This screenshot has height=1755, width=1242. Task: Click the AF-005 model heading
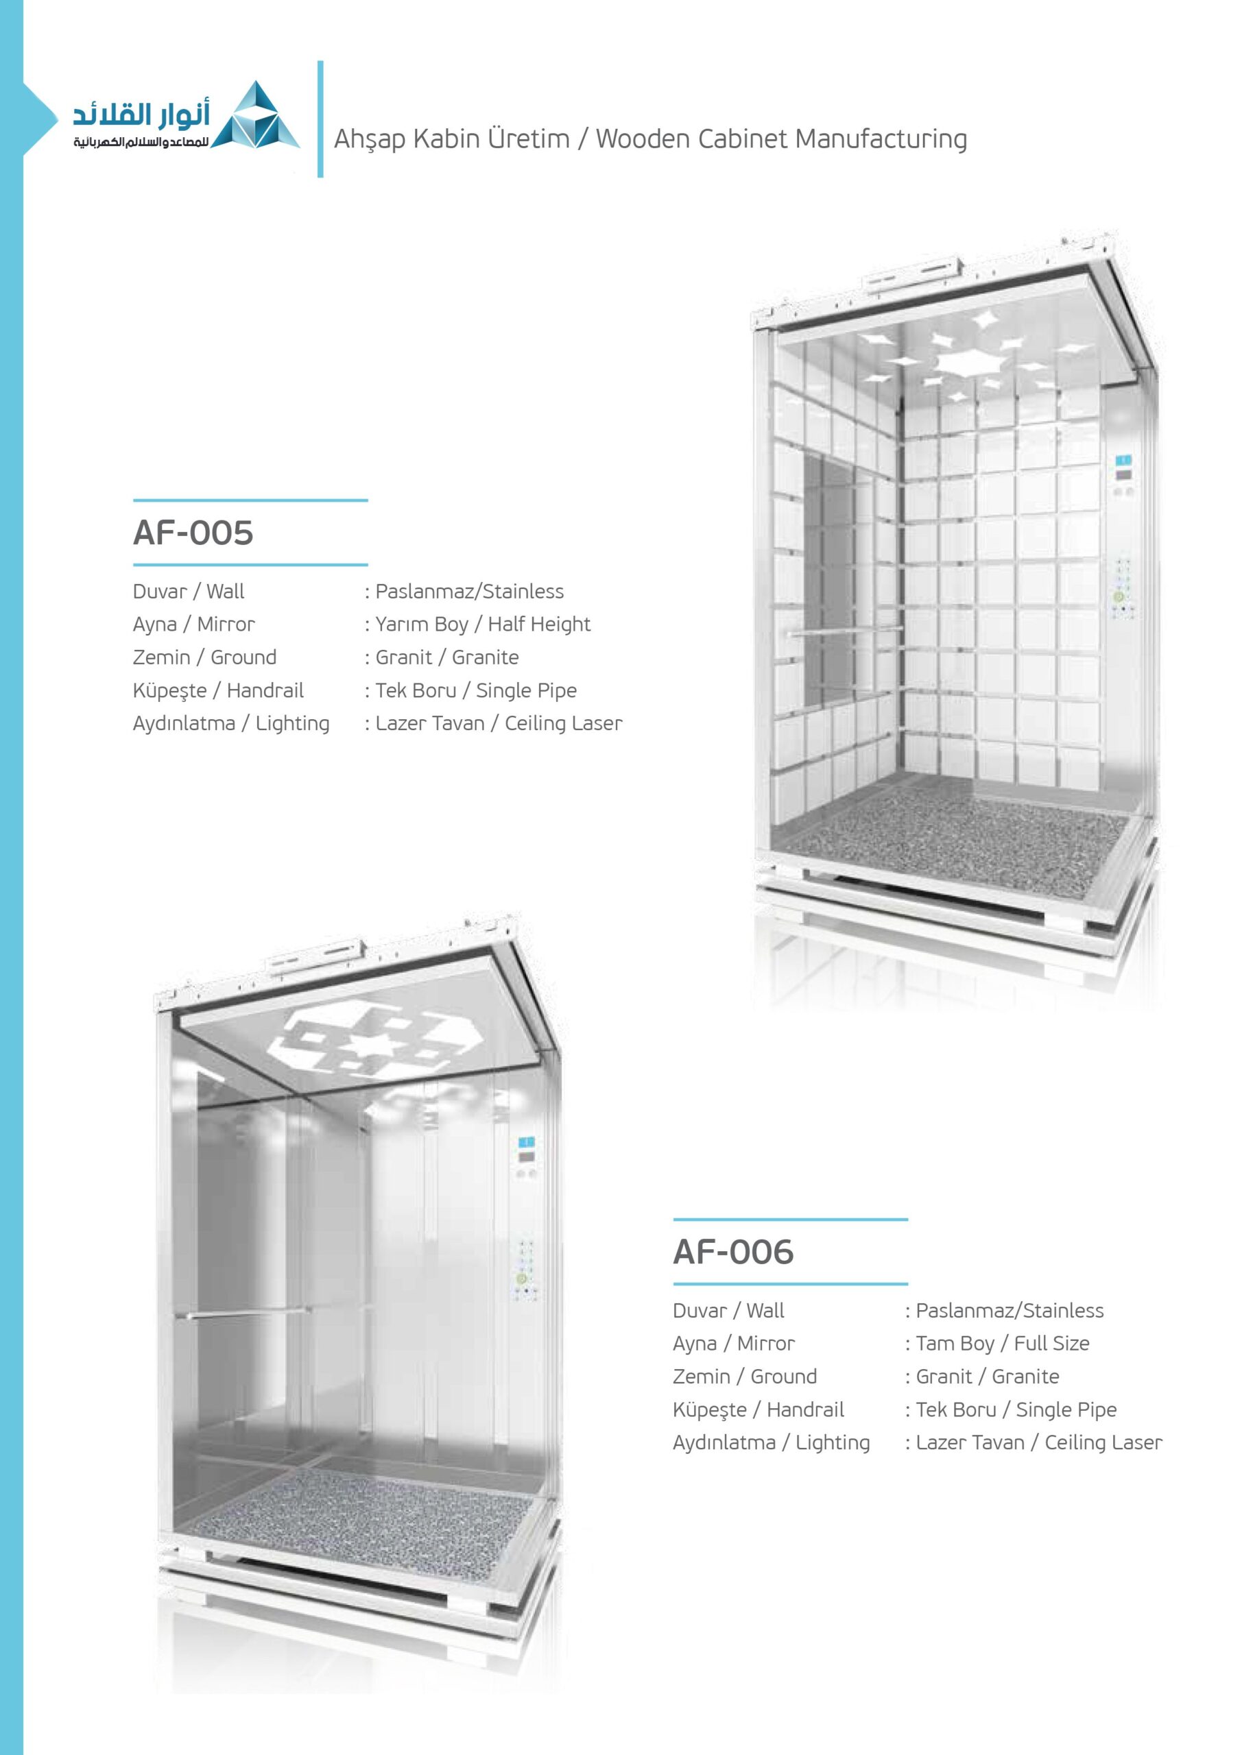click(193, 533)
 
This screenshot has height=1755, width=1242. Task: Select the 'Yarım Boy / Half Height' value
click(482, 625)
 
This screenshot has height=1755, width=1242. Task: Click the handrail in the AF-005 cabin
click(844, 631)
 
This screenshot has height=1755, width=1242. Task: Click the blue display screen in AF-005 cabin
click(1123, 461)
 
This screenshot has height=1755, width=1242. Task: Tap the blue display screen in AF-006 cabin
click(526, 1143)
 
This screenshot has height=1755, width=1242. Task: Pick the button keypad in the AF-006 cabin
click(525, 1269)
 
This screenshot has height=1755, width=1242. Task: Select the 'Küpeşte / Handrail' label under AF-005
click(218, 691)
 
